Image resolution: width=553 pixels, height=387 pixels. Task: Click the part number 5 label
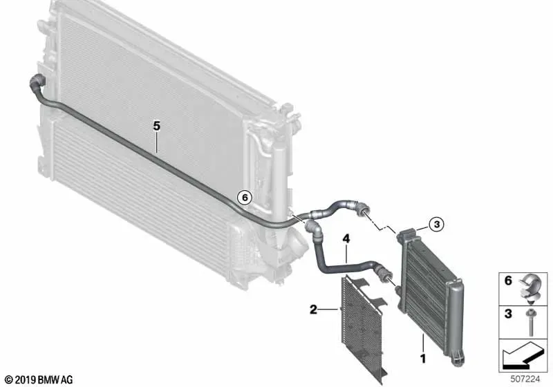point(157,126)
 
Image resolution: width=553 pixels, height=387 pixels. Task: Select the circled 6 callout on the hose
point(245,198)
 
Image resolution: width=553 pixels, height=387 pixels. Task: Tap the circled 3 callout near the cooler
point(437,224)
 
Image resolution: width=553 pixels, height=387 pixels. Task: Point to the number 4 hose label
point(346,239)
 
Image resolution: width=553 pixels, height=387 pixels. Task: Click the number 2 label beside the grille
point(313,310)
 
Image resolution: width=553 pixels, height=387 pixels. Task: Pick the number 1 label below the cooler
point(423,359)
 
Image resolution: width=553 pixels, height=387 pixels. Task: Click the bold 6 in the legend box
point(508,281)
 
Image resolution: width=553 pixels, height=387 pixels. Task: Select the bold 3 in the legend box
point(508,313)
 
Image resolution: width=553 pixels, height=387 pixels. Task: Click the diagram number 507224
point(525,379)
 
